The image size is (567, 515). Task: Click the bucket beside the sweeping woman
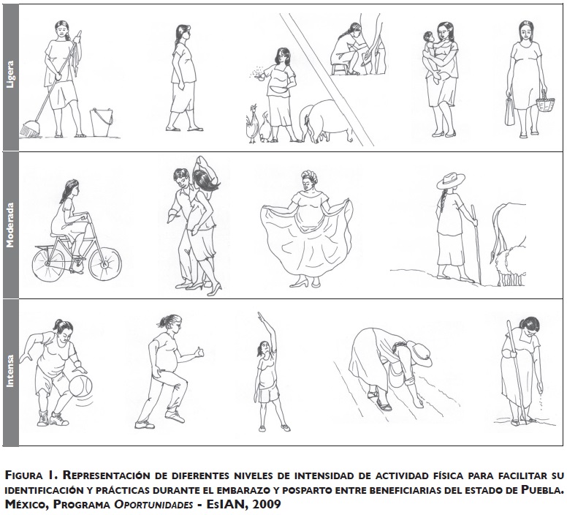102,122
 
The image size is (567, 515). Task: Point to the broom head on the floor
30,129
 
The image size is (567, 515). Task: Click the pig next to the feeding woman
325,121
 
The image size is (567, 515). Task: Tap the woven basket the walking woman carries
545,103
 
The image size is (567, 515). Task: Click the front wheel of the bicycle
105,264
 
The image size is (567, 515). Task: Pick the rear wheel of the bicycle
48,263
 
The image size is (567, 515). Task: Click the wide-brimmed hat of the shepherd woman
451,180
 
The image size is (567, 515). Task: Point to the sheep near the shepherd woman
511,264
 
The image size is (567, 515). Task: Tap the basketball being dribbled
80,386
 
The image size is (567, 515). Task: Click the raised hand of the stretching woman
261,317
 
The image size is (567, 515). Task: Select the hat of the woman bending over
420,353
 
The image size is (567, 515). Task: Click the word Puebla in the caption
542,490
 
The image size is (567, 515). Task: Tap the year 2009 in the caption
267,504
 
